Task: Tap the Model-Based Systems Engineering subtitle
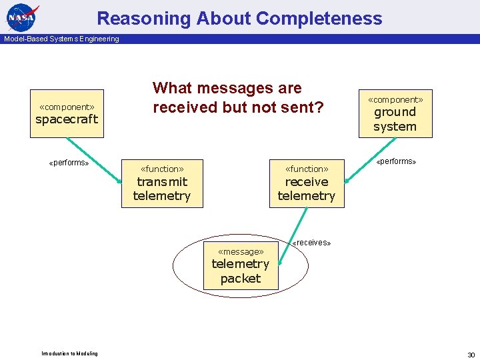pos(61,39)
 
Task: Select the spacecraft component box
pos(67,114)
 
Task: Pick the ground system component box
pos(395,114)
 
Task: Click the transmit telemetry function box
pos(161,183)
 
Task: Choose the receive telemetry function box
pos(307,183)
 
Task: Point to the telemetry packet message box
pos(241,266)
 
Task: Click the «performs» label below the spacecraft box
pos(69,163)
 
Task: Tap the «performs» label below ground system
pos(396,161)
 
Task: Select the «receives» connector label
pos(311,243)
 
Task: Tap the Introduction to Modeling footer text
pos(69,353)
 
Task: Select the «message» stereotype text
pos(241,251)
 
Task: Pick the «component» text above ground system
pos(395,99)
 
